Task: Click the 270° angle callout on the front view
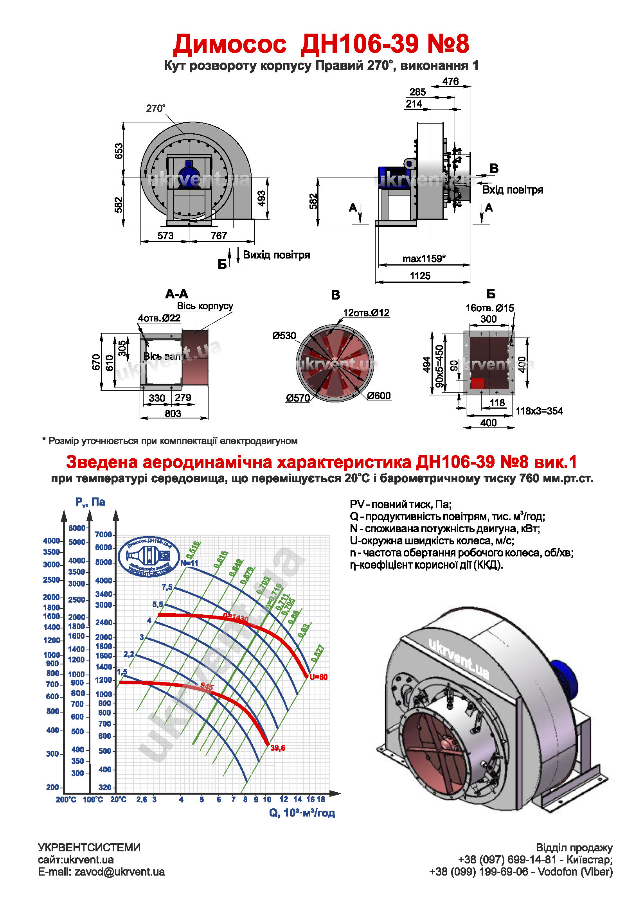pos(155,108)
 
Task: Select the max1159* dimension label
pos(423,259)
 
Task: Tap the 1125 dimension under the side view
pos(420,276)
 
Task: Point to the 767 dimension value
pos(218,236)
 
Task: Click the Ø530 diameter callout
pos(284,336)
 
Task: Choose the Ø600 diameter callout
pos(379,395)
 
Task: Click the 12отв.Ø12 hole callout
pos(366,313)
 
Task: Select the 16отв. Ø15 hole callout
pos(489,307)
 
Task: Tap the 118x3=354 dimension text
pos(539,411)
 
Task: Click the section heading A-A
pos(176,294)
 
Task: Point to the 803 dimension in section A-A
pos(173,413)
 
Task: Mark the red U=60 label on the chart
pos(318,677)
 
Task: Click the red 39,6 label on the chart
pos(277,748)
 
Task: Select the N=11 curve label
pos(189,563)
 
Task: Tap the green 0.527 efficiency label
pos(318,653)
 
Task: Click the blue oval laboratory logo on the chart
pos(149,556)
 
